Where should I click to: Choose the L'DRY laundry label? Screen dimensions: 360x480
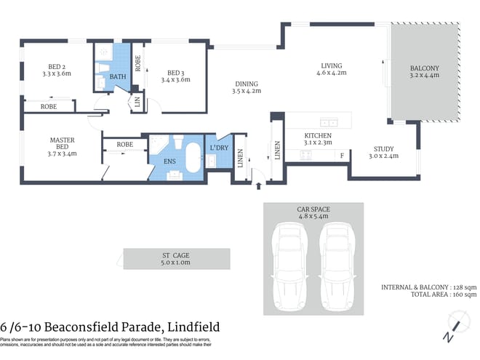click(x=217, y=148)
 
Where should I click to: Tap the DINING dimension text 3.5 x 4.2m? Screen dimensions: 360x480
click(x=246, y=91)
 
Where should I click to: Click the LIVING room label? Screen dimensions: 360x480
click(x=331, y=65)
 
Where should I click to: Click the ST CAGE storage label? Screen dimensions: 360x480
click(x=176, y=255)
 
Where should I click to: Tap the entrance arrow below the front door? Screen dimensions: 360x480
click(x=259, y=186)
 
